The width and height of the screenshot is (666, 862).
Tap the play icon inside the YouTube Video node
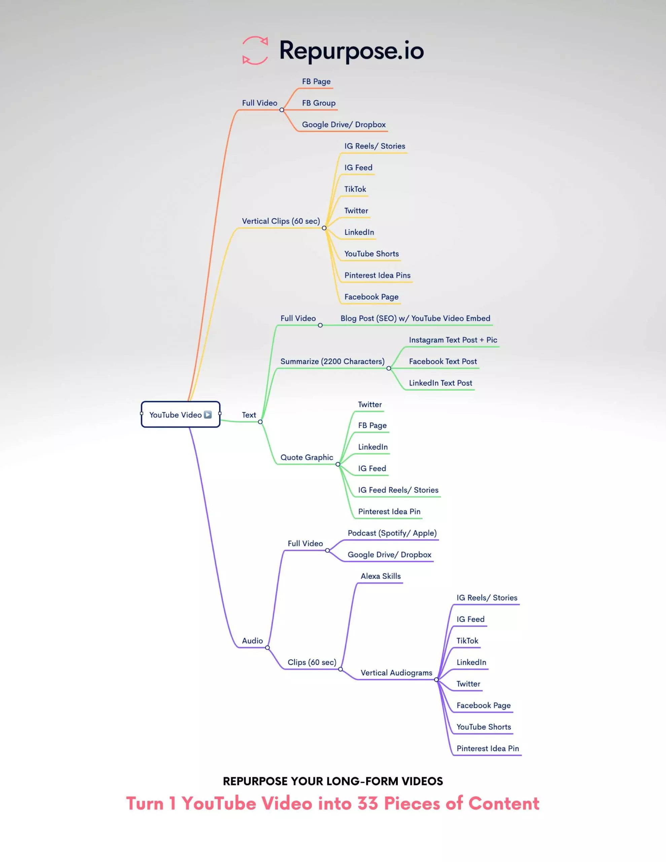(x=208, y=415)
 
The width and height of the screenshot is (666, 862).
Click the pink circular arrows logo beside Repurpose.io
(x=255, y=50)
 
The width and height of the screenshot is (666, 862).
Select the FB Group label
(x=319, y=103)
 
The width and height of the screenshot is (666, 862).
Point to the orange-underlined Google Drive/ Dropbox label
(x=344, y=125)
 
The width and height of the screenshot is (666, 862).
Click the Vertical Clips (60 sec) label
(x=281, y=221)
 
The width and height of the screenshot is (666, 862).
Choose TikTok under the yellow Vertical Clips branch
(x=355, y=189)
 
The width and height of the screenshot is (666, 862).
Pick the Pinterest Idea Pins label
(x=377, y=275)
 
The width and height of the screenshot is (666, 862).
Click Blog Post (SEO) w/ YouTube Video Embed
(x=416, y=319)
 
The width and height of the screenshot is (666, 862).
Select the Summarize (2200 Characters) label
(x=332, y=362)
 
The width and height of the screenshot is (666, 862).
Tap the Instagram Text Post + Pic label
(x=453, y=340)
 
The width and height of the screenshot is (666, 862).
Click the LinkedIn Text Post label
(x=440, y=383)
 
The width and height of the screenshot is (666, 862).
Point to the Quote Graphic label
(x=307, y=458)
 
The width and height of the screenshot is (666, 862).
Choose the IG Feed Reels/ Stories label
(x=398, y=490)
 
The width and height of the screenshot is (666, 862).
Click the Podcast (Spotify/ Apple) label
(x=392, y=533)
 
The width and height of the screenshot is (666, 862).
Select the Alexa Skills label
(x=380, y=576)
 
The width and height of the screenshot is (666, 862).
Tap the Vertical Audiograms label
(x=396, y=673)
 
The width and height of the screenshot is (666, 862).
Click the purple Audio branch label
(x=252, y=641)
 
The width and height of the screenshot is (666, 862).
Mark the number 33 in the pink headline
(x=368, y=804)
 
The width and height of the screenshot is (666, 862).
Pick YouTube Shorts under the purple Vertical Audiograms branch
(x=483, y=727)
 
